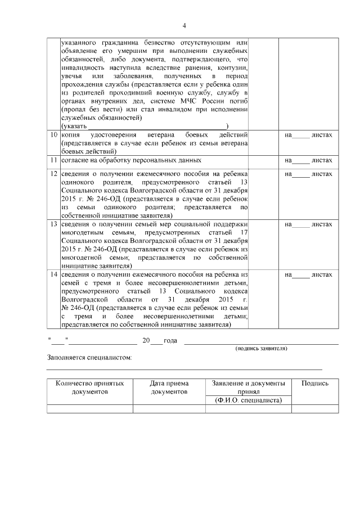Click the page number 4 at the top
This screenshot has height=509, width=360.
tap(184, 25)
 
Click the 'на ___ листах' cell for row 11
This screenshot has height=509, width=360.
tap(308, 160)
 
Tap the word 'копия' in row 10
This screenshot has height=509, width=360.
tap(71, 136)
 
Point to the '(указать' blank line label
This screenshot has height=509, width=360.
tap(73, 125)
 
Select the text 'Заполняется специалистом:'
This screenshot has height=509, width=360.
tap(90, 358)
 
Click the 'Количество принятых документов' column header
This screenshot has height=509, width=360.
tap(89, 387)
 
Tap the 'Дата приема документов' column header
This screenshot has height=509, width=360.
tap(169, 387)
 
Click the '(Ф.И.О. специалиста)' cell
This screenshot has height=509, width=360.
tap(248, 400)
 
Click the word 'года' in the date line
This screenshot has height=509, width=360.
tap(170, 341)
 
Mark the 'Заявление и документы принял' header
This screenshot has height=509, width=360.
tap(248, 387)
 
